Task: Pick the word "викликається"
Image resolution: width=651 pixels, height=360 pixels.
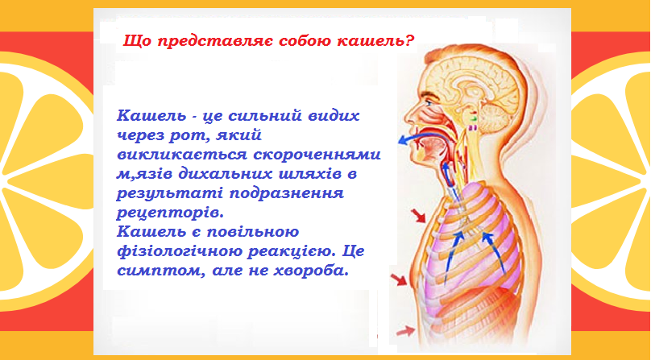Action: [181, 155]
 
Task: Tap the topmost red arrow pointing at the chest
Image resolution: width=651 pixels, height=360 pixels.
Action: [418, 216]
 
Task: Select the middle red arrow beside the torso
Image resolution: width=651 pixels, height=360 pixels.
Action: [399, 279]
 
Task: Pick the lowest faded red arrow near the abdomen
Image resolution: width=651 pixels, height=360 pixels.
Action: [405, 331]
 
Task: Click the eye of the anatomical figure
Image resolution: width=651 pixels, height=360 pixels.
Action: [428, 102]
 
